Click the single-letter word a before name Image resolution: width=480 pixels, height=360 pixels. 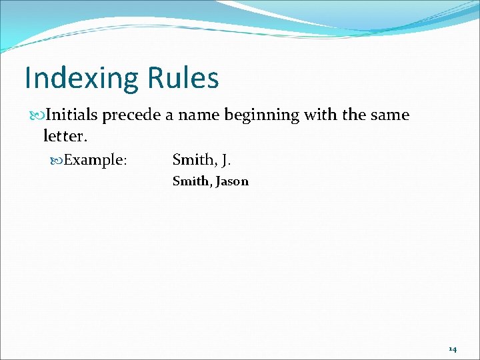(170, 116)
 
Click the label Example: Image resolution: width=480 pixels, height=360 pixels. (98, 160)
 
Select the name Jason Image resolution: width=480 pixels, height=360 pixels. (231, 181)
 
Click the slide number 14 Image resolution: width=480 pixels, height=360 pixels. (452, 349)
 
